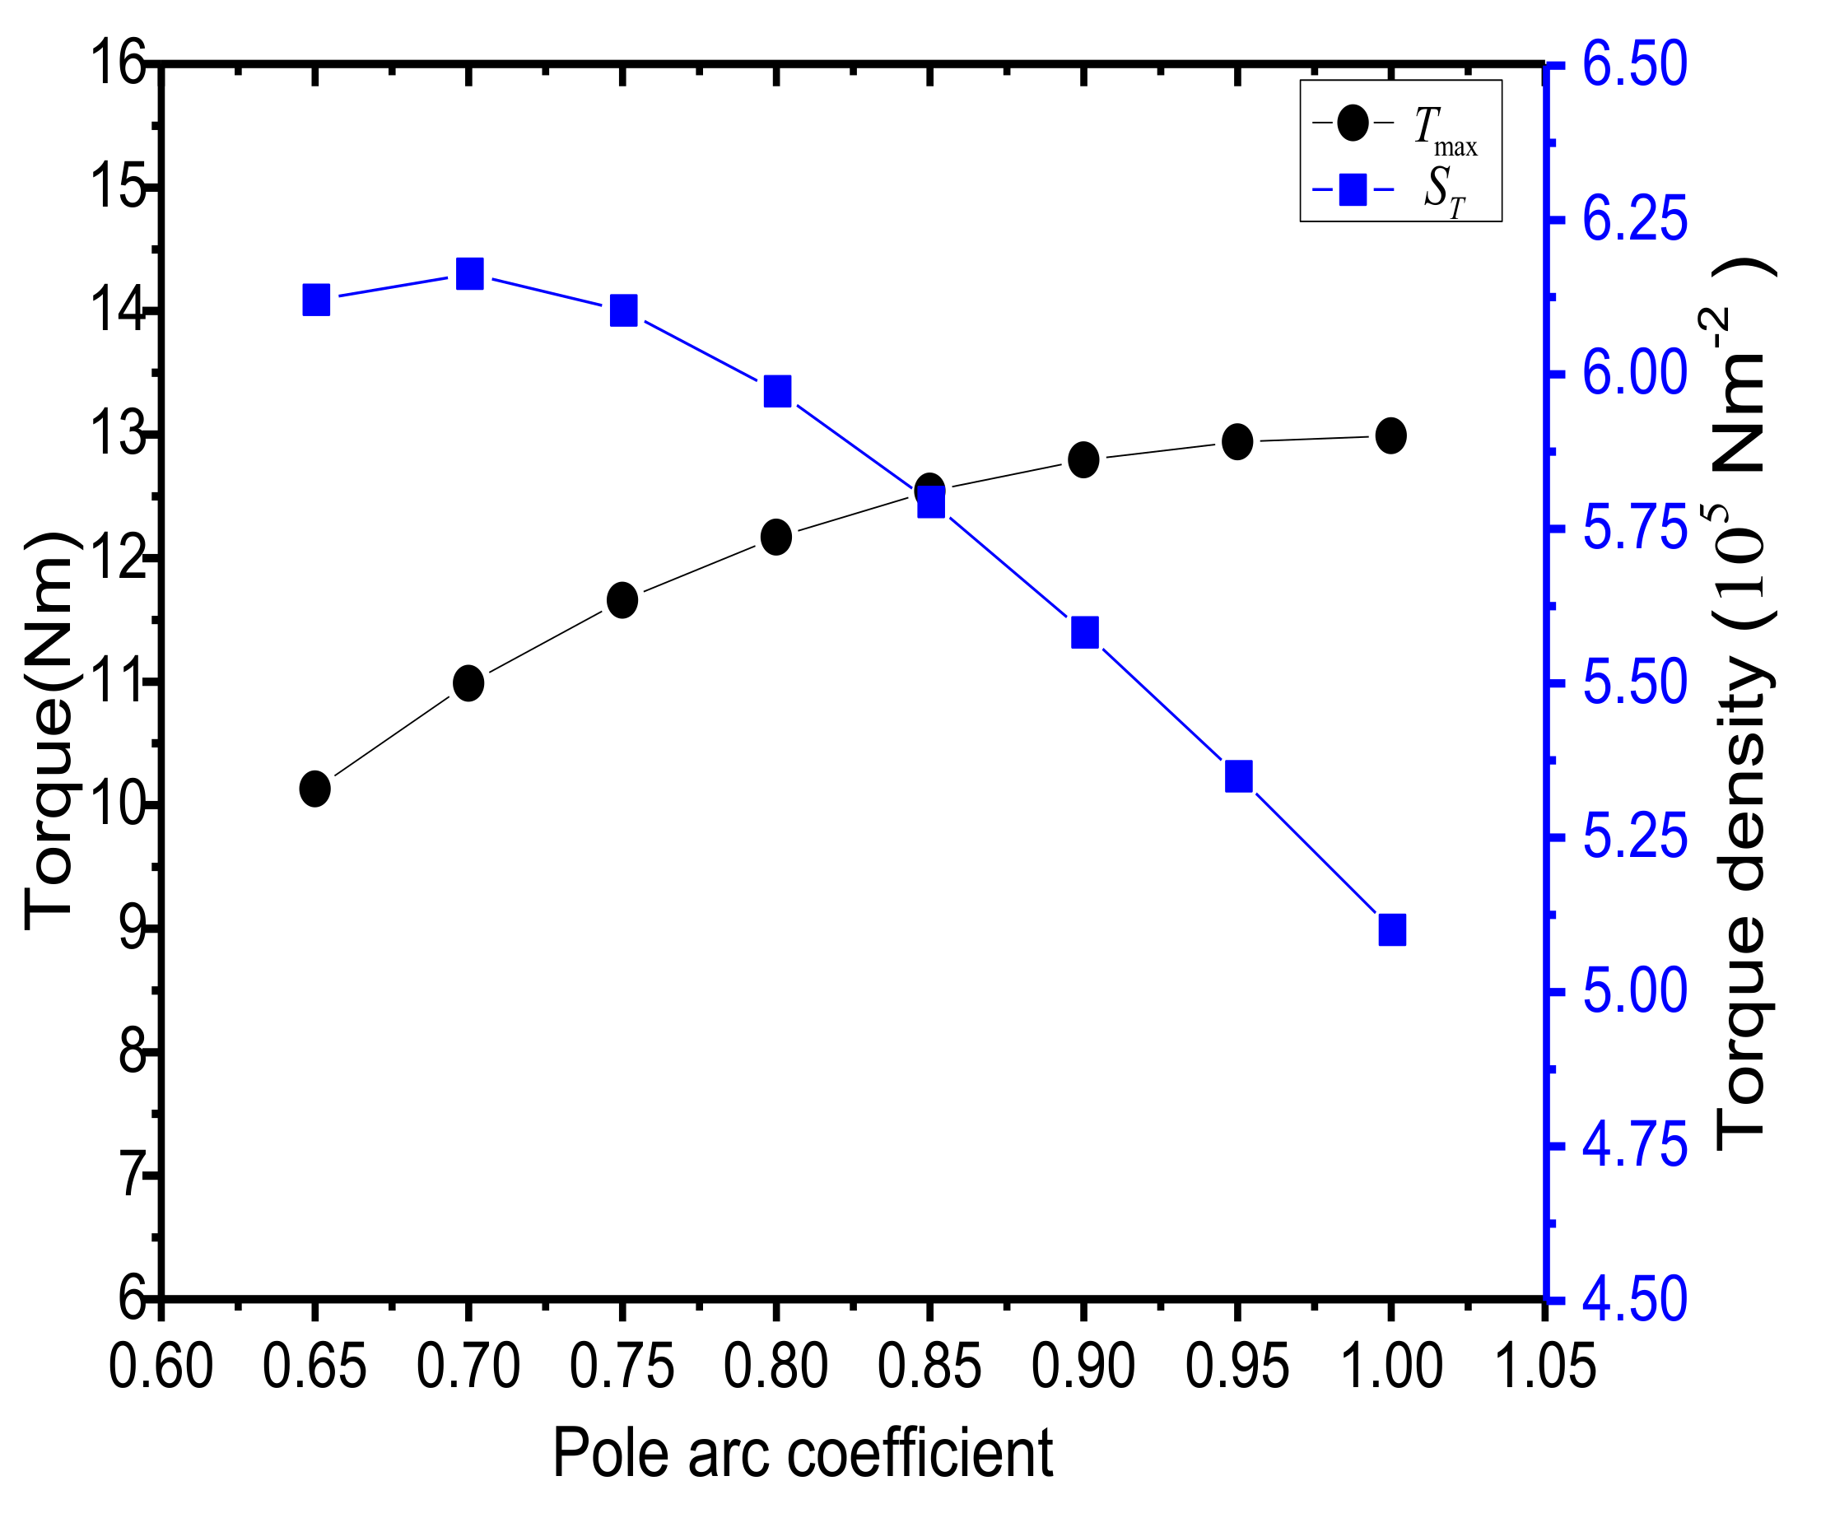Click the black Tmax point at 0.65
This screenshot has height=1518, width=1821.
pos(314,789)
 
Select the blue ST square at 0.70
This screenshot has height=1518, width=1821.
pos(469,274)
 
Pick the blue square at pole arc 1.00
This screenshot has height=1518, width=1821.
pos(1392,930)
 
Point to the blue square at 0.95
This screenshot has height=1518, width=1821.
pos(1238,776)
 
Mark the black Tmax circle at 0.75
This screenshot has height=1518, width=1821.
pos(622,600)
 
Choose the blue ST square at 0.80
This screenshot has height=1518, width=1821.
pos(777,392)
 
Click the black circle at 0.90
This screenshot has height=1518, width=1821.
pos(1083,459)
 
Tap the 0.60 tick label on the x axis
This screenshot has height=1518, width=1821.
pos(161,1367)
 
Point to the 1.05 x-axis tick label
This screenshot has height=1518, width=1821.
pos(1544,1367)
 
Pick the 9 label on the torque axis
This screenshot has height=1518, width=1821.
pos(132,929)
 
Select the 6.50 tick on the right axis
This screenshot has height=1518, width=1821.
pos(1635,64)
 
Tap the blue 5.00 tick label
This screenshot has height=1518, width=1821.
pos(1635,991)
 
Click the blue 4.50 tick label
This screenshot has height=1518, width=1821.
pos(1635,1300)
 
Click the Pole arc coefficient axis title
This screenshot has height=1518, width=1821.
pos(802,1453)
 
